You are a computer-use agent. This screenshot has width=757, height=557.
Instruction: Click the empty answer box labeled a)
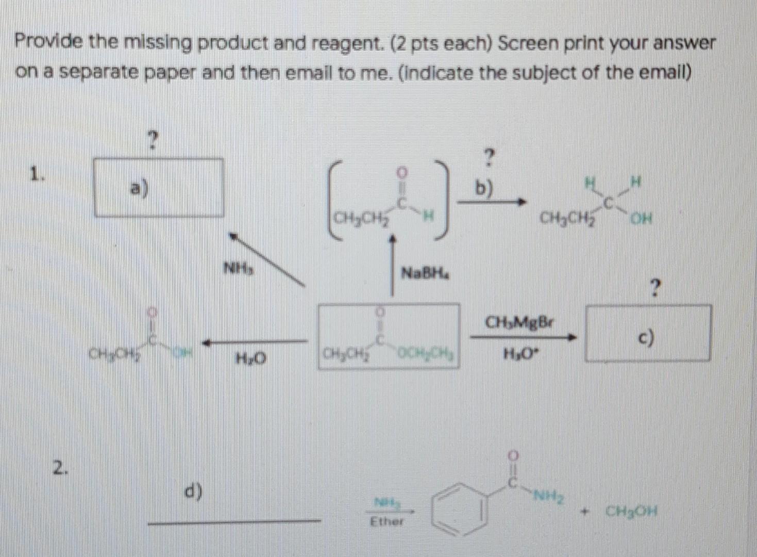point(158,187)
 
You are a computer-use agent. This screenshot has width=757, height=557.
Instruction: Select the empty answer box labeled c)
point(648,333)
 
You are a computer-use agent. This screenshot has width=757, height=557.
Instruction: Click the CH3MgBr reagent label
point(519,322)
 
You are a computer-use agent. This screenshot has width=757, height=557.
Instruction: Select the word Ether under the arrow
point(387,521)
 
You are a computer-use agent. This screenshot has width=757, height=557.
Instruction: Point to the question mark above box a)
point(152,139)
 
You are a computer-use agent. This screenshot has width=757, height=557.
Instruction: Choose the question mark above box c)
point(654,287)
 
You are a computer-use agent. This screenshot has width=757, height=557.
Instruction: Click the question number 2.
point(60,468)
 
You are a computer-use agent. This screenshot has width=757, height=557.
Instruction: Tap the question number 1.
point(35,174)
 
